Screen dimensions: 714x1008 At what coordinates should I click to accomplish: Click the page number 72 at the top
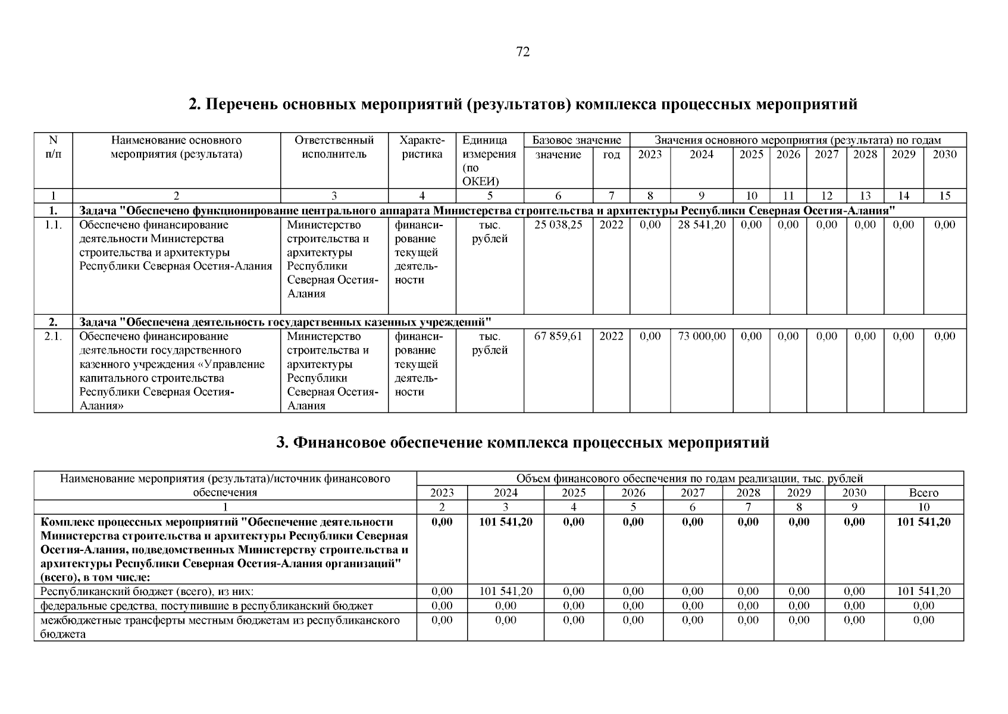point(522,52)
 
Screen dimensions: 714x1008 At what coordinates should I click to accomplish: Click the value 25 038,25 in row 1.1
point(558,224)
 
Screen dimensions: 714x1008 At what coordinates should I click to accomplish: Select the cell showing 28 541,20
point(702,224)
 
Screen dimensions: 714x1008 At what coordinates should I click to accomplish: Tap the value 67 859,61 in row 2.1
point(558,336)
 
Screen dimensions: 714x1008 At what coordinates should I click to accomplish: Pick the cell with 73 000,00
point(702,336)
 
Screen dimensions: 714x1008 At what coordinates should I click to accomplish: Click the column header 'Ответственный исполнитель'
point(334,148)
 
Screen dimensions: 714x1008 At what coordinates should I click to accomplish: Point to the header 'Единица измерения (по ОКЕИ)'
point(489,161)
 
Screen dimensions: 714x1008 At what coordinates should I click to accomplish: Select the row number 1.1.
point(53,224)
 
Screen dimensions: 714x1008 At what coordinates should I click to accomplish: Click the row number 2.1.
point(53,336)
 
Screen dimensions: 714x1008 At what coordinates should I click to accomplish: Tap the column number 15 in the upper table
point(944,196)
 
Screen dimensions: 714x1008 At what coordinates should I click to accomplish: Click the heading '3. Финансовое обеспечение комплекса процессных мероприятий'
point(522,443)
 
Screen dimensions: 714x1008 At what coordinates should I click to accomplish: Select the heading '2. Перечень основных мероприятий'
point(522,105)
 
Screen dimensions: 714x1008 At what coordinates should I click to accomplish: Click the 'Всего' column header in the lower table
point(924,493)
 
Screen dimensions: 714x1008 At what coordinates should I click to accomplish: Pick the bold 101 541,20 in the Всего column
point(924,522)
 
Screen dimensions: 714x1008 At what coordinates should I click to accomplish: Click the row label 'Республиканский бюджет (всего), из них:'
point(147,591)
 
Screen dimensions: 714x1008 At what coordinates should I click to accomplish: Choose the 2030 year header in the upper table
point(944,155)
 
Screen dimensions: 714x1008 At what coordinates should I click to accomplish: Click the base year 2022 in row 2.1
point(611,336)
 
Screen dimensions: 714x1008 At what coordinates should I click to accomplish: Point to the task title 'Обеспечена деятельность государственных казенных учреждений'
point(285,322)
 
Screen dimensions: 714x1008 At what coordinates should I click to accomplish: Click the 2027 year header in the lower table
point(693,493)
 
